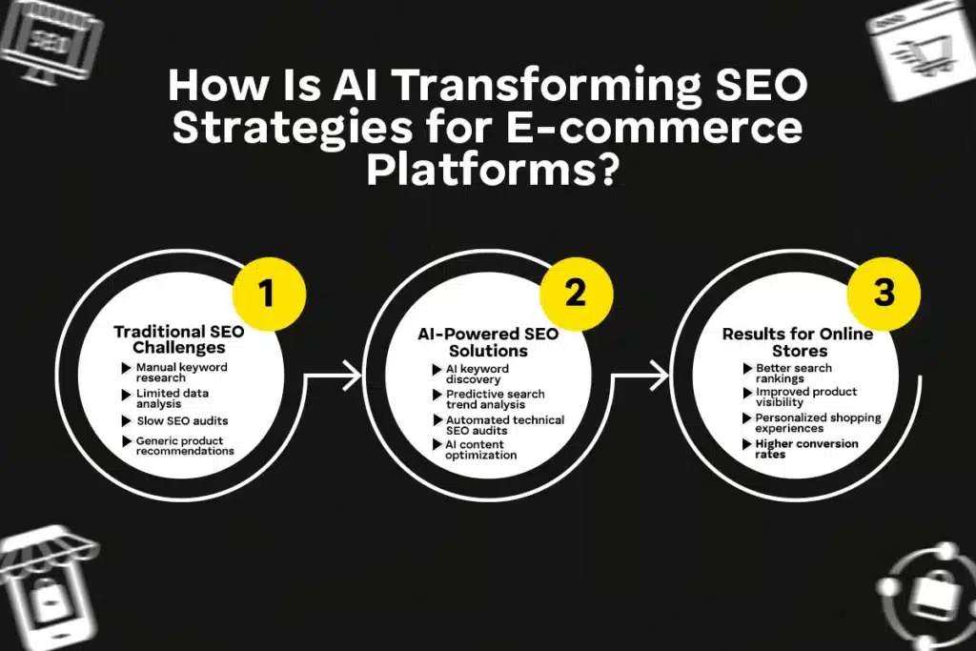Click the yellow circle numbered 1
tap(266, 293)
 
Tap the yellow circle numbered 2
tap(575, 293)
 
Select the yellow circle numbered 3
tap(884, 293)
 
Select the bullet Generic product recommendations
tap(184, 445)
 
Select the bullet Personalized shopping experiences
tap(804, 423)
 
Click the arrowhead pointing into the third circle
tap(661, 376)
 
